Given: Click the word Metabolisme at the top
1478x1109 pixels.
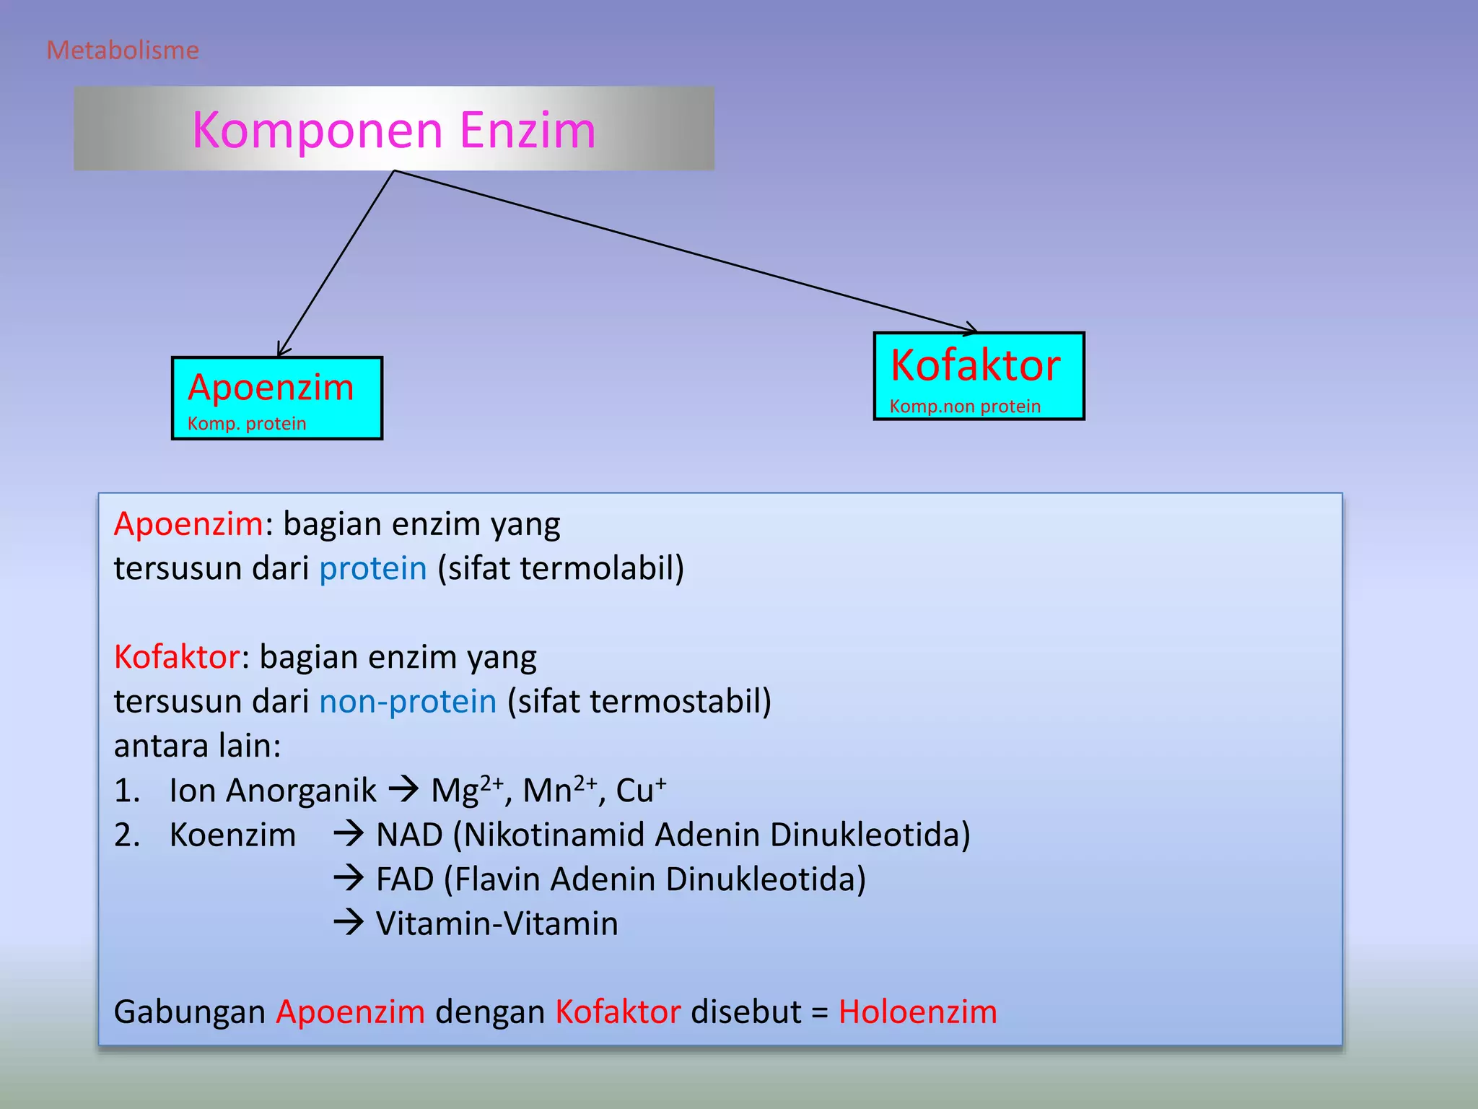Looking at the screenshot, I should point(123,51).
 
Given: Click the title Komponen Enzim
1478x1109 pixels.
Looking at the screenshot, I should point(394,130).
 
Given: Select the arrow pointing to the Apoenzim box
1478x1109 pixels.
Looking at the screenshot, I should point(336,264).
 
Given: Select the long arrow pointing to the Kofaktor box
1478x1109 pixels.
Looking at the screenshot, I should point(686,251).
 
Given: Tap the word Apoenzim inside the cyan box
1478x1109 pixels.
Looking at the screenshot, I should point(271,388).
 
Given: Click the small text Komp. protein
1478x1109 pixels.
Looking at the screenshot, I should point(247,424).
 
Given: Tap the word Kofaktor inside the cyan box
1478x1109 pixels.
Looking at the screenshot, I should point(976,365).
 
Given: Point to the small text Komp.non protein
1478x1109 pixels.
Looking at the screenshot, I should point(965,406).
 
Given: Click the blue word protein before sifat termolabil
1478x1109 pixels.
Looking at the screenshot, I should point(373,568).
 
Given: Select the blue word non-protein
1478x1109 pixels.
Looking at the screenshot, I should point(408,702).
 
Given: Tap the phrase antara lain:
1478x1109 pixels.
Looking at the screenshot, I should point(197,746).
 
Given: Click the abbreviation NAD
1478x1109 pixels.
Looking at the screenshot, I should point(409,835).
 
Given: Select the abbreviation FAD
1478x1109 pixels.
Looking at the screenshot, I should point(404,879).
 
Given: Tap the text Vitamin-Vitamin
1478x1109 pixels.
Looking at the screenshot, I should point(497,924).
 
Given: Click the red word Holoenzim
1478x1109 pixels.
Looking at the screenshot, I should point(917,1012).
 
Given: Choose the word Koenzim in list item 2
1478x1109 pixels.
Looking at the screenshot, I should point(232,835).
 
